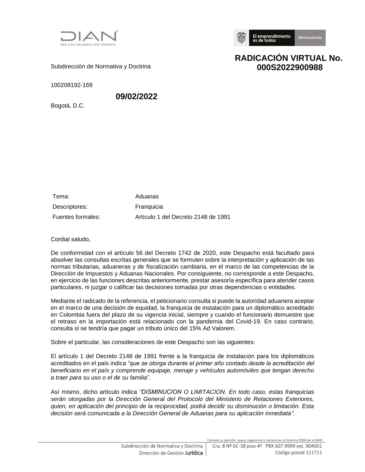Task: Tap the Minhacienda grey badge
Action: pyautogui.click(x=310, y=38)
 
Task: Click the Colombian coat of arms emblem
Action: pyautogui.click(x=241, y=38)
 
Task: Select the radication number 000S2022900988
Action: pyautogui.click(x=289, y=67)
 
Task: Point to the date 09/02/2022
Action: pyautogui.click(x=137, y=97)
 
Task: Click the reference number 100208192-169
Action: pyautogui.click(x=72, y=85)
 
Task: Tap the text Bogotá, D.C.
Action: pyautogui.click(x=68, y=106)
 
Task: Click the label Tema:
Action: pyautogui.click(x=61, y=197)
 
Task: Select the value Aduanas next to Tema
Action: pyautogui.click(x=147, y=197)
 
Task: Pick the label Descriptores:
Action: pyautogui.click(x=70, y=207)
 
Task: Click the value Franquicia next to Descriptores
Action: pyautogui.click(x=149, y=207)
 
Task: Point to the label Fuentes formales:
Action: pyautogui.click(x=76, y=217)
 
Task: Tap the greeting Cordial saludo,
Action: pyautogui.click(x=70, y=240)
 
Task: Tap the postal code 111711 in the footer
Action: pyautogui.click(x=314, y=453)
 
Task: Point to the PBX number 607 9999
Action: pyautogui.click(x=288, y=446)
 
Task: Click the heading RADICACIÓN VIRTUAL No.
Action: pyautogui.click(x=288, y=58)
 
